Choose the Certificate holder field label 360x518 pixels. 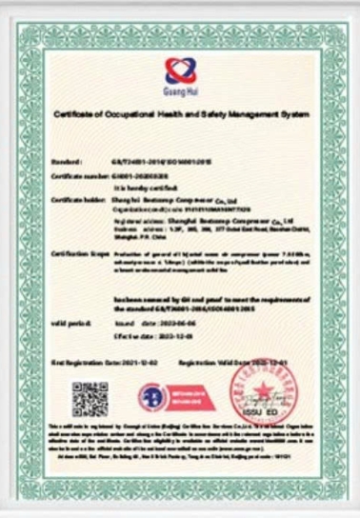(x=76, y=198)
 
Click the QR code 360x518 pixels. (x=90, y=397)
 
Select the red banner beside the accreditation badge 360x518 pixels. (x=186, y=397)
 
